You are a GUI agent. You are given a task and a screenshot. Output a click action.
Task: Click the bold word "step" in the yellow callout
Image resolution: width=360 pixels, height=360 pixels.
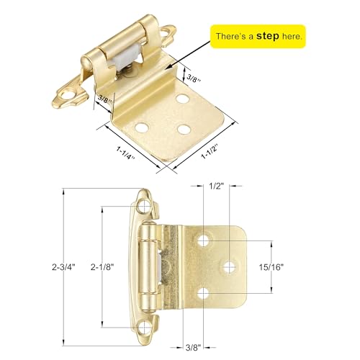268,36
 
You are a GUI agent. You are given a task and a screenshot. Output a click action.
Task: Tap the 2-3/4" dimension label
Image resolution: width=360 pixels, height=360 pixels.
63,267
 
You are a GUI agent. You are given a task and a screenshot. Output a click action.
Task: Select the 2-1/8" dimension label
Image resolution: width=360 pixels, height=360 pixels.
102,267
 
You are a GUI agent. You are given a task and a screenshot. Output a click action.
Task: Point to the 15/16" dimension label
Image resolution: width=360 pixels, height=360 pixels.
271,267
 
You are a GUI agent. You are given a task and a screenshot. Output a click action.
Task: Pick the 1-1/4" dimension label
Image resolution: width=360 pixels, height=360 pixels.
125,153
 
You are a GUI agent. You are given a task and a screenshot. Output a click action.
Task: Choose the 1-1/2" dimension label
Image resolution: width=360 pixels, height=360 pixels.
210,152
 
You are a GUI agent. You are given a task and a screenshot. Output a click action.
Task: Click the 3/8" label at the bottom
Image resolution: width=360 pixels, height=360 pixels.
193,348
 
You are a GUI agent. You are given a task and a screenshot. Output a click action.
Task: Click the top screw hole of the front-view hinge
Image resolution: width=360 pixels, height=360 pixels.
145,207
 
